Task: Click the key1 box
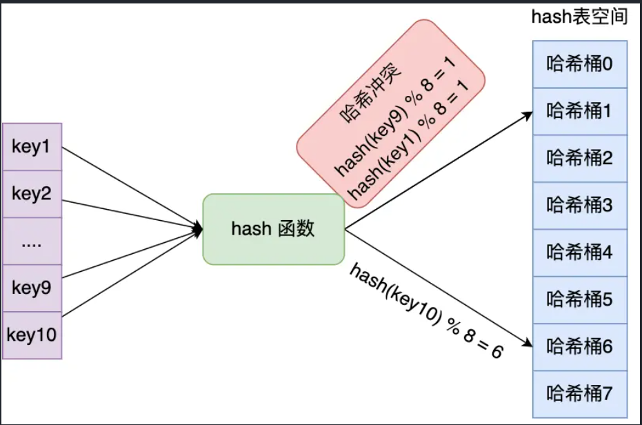32,147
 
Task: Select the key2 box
32,194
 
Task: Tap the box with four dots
32,241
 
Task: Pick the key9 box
32,288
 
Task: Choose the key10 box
32,335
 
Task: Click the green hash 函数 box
273,229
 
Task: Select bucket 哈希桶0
579,64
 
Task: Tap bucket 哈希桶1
579,111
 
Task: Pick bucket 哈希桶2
579,158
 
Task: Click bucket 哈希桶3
579,205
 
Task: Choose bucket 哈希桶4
579,252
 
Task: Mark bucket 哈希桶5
579,299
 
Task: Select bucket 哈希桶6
579,346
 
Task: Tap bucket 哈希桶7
579,394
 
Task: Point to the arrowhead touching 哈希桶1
528,114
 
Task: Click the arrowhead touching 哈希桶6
528,343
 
